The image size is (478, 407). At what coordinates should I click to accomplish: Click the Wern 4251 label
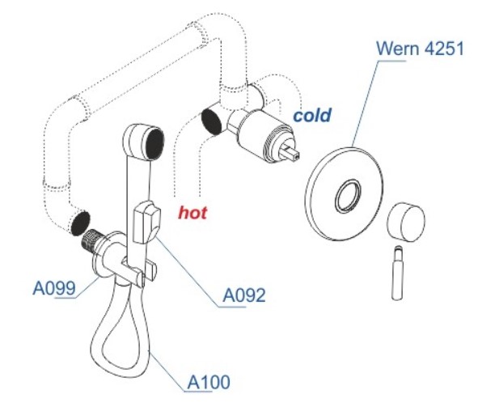420,49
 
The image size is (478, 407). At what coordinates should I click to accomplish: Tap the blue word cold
312,115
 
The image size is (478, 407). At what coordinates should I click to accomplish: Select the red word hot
192,213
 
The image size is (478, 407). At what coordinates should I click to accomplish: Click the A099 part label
54,287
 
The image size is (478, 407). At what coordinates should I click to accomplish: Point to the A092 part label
244,295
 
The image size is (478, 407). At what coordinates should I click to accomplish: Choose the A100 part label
209,382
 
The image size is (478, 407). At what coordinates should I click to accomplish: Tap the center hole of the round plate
348,195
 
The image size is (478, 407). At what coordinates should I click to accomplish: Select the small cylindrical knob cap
406,222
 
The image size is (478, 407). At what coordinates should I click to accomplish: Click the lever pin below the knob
397,273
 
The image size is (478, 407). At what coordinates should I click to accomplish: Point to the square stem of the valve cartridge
293,152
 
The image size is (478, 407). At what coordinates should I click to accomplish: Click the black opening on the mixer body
211,121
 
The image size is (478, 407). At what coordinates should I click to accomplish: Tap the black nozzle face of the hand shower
154,143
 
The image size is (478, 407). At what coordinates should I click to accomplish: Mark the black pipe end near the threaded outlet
80,223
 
